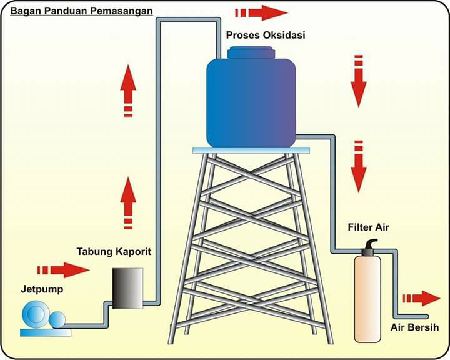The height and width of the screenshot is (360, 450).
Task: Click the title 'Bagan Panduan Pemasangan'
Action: tap(81, 11)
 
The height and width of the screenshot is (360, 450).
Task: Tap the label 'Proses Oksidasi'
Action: tap(266, 35)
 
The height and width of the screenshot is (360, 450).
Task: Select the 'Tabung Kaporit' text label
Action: tap(114, 252)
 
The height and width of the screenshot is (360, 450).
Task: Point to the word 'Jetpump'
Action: tap(42, 289)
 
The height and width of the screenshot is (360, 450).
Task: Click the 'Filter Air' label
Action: tap(369, 227)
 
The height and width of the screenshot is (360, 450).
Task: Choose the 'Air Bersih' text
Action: tap(415, 327)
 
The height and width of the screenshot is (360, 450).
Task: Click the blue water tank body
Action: tap(251, 102)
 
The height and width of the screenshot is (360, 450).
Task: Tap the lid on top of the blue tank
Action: tap(251, 52)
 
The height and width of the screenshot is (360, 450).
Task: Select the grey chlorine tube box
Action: tap(127, 288)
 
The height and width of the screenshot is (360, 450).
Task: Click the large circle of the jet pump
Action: tap(36, 314)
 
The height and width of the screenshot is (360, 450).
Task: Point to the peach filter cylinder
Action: tap(367, 299)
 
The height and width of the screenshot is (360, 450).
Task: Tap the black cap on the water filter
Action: tap(368, 247)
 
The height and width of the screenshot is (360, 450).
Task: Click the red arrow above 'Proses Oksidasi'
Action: tap(261, 13)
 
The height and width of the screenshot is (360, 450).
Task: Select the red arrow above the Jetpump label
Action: tap(63, 270)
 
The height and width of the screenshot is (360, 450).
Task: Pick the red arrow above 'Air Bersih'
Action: tap(422, 299)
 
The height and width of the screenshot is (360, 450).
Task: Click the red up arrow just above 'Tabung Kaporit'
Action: tap(128, 202)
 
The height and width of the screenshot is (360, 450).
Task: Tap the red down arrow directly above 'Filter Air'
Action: tap(359, 166)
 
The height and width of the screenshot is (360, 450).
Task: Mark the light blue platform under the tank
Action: tap(251, 150)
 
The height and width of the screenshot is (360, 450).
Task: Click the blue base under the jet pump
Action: tap(46, 332)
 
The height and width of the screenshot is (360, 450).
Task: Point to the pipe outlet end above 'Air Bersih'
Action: tap(427, 317)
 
